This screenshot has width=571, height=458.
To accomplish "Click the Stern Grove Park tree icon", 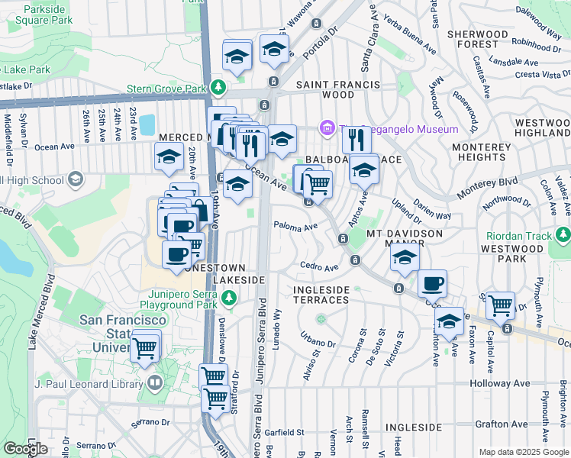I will coord(219,88).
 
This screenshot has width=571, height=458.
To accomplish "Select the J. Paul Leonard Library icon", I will coord(156,382).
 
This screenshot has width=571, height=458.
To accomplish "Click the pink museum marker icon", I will coord(328,127).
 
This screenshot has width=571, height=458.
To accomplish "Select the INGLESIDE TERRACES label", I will coord(321,295).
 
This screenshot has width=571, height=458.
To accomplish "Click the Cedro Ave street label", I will coord(319,268).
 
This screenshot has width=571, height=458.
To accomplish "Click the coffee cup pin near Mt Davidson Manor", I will coord(432,283).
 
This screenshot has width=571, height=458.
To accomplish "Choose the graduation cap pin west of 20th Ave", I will coord(169,156).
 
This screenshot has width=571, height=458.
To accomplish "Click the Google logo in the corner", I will coord(25,449).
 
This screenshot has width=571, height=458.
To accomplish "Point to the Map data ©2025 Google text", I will coord(523,452).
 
